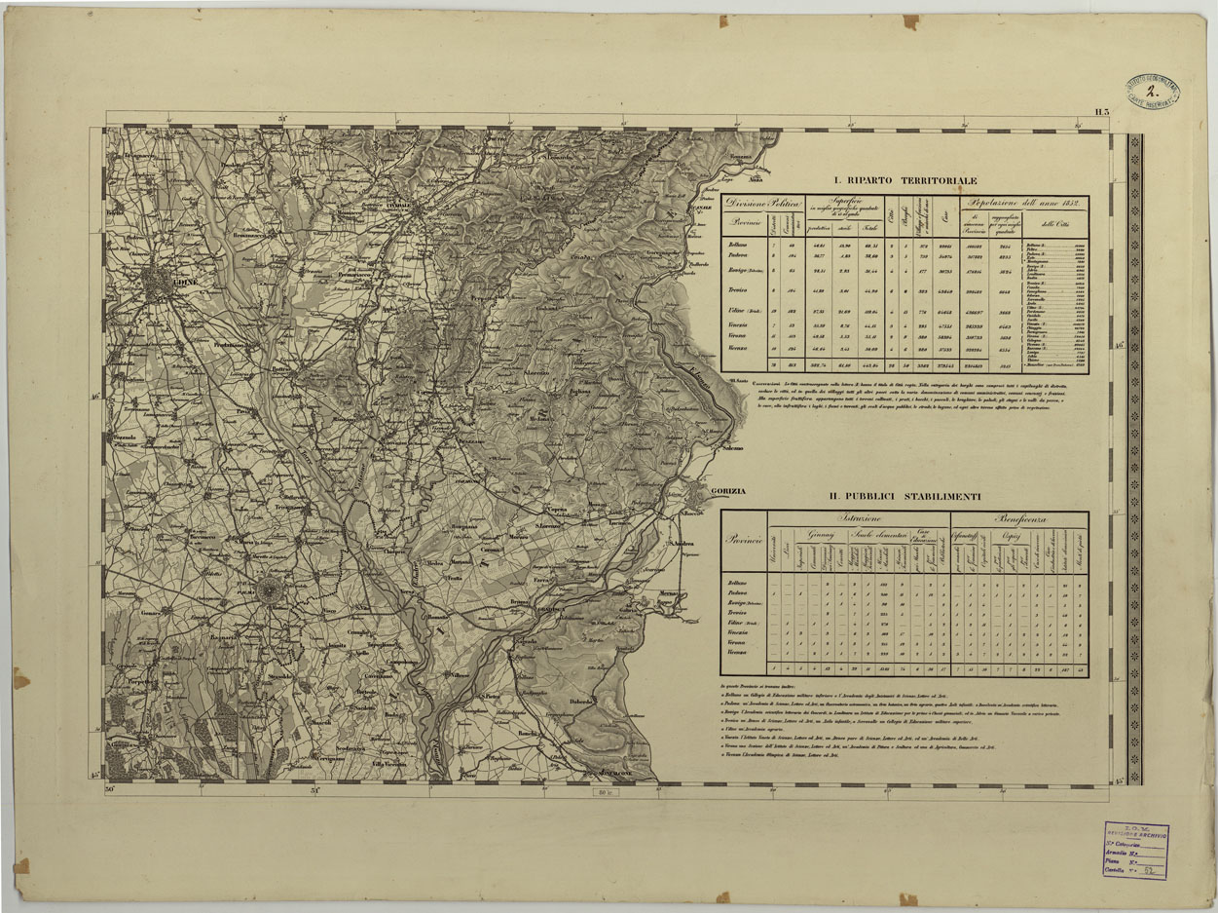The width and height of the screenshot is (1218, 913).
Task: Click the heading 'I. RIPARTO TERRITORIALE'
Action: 904,180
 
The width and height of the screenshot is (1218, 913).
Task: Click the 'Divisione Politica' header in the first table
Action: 762,204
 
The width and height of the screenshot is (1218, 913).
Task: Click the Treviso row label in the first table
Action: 742,291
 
